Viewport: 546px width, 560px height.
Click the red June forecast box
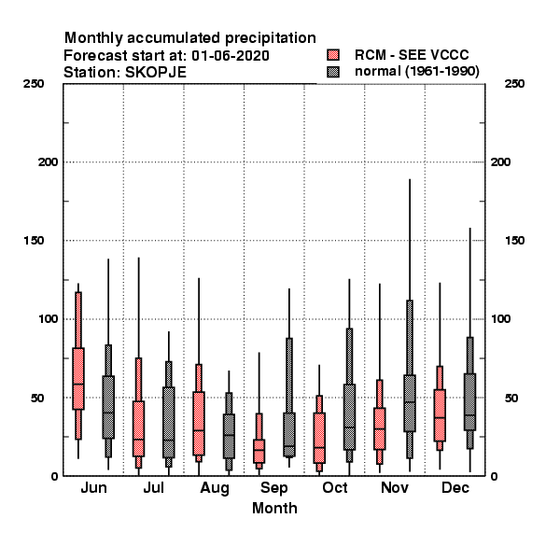(x=78, y=378)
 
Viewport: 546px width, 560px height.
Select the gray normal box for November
(x=410, y=403)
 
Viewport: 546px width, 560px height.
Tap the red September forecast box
(x=259, y=451)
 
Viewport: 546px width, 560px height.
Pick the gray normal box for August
(x=229, y=436)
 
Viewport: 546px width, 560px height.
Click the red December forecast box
(x=440, y=415)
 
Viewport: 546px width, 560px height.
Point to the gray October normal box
(x=349, y=417)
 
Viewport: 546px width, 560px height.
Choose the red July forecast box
(x=138, y=428)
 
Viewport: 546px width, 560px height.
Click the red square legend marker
(x=333, y=55)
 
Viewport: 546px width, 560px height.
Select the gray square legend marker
(x=333, y=72)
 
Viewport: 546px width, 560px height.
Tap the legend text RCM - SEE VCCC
(x=412, y=55)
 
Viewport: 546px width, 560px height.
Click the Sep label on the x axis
(x=273, y=488)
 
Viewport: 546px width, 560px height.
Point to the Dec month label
(x=455, y=487)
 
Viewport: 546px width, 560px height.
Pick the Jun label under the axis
(x=93, y=487)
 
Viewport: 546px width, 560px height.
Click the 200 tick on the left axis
(x=48, y=162)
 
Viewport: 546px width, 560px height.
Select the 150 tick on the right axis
(x=514, y=241)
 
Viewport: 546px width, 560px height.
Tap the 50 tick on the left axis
(x=37, y=398)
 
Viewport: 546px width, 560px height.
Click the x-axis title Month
(x=274, y=509)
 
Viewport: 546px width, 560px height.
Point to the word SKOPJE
(x=155, y=73)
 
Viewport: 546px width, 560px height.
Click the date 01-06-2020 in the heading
(x=231, y=56)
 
